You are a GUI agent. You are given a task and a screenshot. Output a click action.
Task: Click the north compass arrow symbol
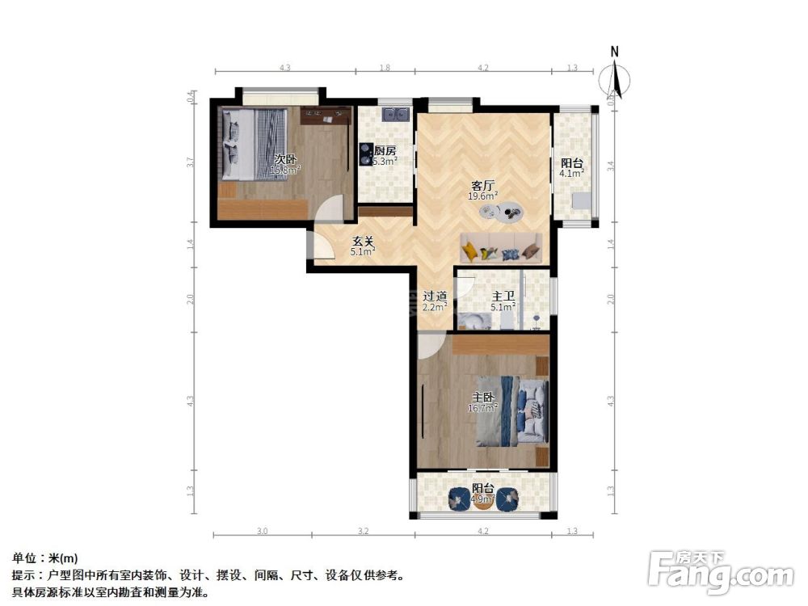point(620,79)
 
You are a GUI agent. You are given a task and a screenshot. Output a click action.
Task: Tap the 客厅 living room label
point(482,184)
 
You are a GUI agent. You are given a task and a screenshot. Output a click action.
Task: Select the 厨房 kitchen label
point(385,150)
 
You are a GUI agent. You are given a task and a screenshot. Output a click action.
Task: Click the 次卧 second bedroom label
point(284,159)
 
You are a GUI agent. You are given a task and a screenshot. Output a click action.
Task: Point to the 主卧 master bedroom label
point(483,397)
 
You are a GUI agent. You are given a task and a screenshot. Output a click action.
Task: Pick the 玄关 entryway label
point(363,240)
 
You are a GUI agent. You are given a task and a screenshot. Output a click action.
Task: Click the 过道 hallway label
point(435,296)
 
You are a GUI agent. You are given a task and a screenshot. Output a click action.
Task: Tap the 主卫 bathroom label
point(503,296)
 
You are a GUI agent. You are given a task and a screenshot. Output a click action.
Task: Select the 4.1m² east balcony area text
point(572,173)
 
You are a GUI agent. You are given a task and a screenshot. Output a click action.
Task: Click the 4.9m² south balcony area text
point(483,499)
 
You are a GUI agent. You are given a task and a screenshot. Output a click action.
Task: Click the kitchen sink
point(396,114)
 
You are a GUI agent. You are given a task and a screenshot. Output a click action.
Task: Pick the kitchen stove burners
point(365,154)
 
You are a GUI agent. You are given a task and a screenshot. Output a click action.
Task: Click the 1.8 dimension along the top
point(385,68)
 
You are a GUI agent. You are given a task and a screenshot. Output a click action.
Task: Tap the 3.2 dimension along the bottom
point(363,531)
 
